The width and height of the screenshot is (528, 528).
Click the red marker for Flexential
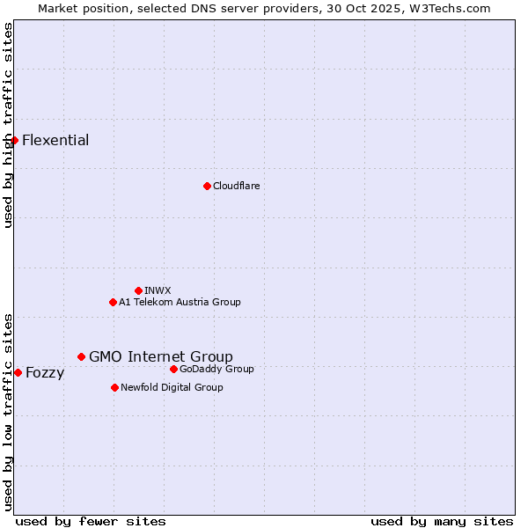tap(14, 140)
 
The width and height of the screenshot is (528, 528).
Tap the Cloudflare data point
tap(207, 186)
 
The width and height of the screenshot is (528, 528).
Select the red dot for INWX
tap(138, 290)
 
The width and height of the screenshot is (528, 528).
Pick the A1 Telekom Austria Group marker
tap(113, 302)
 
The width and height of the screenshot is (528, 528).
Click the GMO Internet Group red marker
tap(81, 356)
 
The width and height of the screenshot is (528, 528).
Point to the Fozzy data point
tap(18, 372)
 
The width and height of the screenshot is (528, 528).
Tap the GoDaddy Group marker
tap(173, 369)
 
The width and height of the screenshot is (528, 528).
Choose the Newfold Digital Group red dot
tap(114, 387)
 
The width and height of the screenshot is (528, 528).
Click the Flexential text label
tap(55, 141)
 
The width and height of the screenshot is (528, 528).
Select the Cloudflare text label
tap(236, 186)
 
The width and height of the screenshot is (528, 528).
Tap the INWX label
tap(158, 290)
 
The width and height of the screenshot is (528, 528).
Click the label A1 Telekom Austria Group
tap(180, 302)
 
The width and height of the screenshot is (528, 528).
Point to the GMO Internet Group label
tap(161, 356)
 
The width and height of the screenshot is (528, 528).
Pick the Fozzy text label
tap(45, 373)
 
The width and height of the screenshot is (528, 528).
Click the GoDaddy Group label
tap(216, 369)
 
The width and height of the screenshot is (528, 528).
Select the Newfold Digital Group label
tap(172, 387)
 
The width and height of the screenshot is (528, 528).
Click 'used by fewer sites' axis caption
tap(91, 521)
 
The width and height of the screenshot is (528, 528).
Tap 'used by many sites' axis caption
tap(442, 521)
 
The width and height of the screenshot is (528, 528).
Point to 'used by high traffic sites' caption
tap(8, 125)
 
